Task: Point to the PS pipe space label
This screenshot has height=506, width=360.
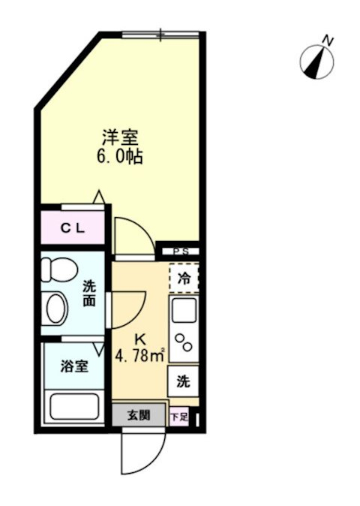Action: click(x=181, y=252)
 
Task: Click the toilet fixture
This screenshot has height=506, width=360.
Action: click(x=57, y=270)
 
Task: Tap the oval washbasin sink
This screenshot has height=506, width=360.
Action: click(x=57, y=307)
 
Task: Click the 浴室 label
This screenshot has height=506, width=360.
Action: click(x=74, y=366)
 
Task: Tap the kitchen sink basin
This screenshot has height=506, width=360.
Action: click(x=184, y=309)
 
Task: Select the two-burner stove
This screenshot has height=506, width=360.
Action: click(x=184, y=342)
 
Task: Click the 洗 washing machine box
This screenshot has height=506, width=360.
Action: click(x=182, y=381)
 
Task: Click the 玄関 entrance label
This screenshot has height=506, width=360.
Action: click(x=138, y=414)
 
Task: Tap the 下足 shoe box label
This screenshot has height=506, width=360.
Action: click(x=178, y=416)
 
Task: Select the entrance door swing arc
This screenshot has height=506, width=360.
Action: click(x=142, y=450)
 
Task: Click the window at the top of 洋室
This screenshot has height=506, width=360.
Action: click(x=161, y=34)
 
